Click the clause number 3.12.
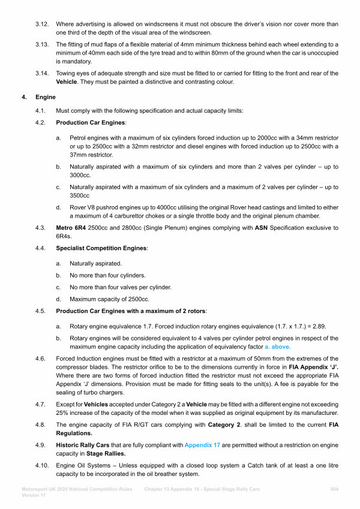pyautogui.click(x=42, y=24)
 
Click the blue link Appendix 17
pyautogui.click(x=204, y=445)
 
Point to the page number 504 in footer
pyautogui.click(x=335, y=490)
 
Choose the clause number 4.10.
pyautogui.click(x=43, y=465)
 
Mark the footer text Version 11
pyautogui.click(x=34, y=497)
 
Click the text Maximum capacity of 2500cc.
pyautogui.click(x=109, y=299)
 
